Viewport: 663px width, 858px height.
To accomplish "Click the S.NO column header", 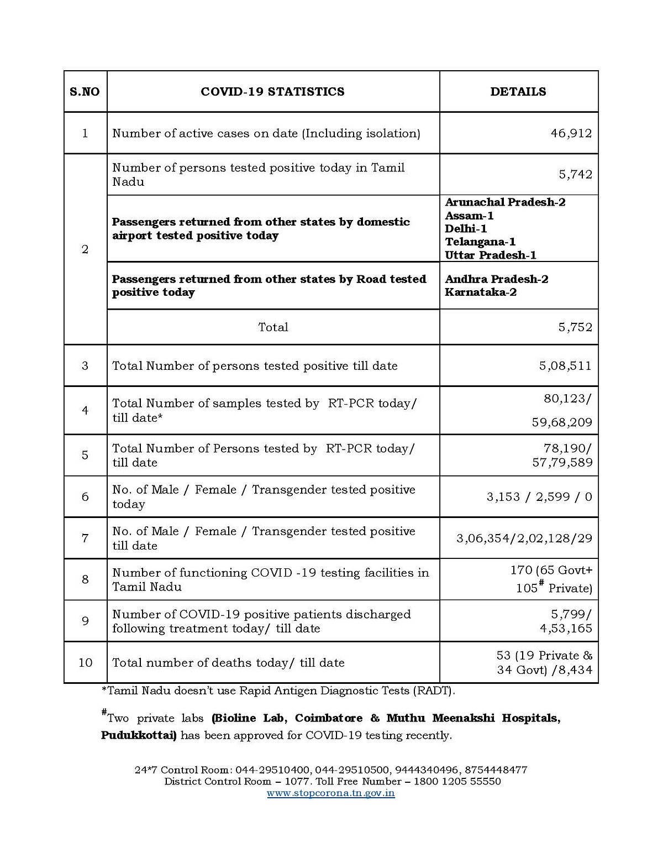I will pos(85,92).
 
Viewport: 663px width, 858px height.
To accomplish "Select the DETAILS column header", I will pos(518,92).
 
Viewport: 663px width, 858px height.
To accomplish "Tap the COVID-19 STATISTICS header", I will pos(272,92).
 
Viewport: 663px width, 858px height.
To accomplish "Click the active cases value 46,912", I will pos(571,133).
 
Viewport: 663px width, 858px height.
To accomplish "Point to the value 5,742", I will pos(575,175).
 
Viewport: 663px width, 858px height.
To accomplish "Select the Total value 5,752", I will pos(575,327).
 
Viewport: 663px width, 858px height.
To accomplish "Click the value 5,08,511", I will pos(565,366).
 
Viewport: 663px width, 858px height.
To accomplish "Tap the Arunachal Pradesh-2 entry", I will pos(505,202).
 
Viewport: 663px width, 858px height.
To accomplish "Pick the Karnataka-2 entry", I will pos(481,292).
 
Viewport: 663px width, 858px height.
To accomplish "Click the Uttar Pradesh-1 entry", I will pos(491,255).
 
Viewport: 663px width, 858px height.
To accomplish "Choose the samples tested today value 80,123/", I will pos(567,399).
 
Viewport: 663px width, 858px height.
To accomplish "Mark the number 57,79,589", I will pos(562,462).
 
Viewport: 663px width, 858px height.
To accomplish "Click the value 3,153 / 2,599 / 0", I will pos(539,497).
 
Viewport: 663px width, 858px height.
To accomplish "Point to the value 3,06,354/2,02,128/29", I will pos(524,538).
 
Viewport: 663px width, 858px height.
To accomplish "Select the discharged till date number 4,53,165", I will pos(566,629).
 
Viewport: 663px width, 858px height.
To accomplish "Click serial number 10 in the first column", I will pos(85,663).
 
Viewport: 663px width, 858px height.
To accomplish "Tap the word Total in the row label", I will pos(273,327).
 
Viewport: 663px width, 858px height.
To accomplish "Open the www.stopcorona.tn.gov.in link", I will pos(331,793).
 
